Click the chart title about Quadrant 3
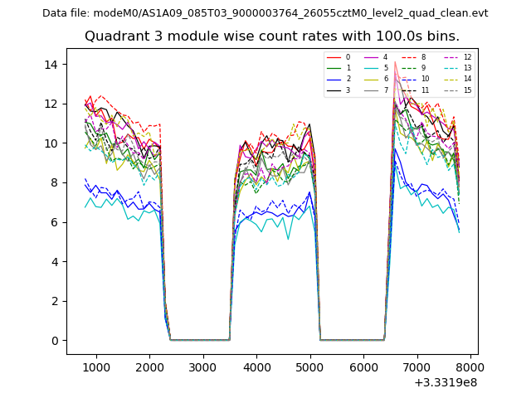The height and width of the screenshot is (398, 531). pos(272,36)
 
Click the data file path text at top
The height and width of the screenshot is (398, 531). pos(265,13)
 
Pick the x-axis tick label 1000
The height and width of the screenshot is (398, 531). pos(96,366)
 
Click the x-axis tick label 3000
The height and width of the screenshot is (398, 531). pos(203,366)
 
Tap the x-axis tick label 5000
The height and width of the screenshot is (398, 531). pos(310,366)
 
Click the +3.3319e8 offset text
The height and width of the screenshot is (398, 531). pos(445,382)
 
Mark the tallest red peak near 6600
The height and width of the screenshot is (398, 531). pos(395,62)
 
